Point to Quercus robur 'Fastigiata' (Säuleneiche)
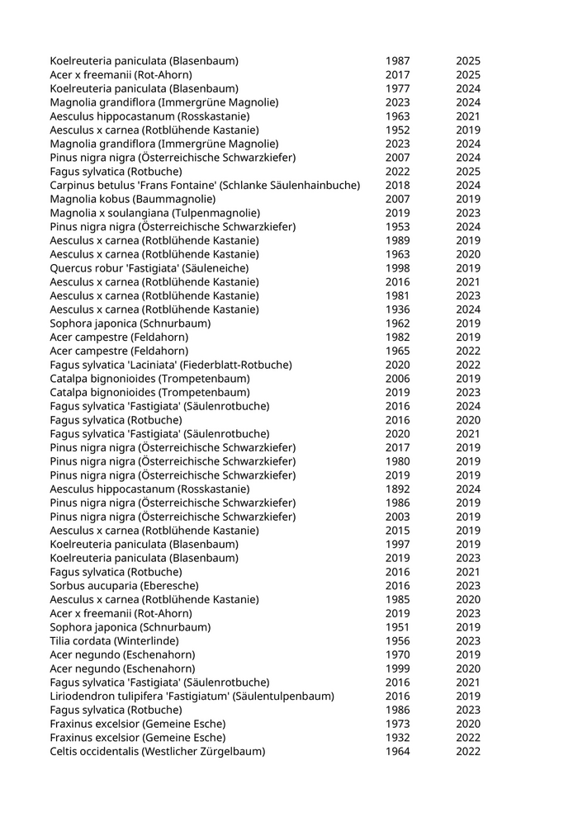pos(149,268)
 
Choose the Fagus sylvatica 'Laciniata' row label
pos(170,365)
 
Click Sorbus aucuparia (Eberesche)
pos(124,586)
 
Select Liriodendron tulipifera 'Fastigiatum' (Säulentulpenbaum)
pos(192,697)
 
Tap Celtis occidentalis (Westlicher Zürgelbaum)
pos(157,752)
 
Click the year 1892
pos(397,489)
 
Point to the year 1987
pos(397,61)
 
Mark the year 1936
pos(397,309)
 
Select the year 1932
pos(397,738)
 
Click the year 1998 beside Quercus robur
pos(397,268)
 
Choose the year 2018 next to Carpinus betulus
pos(397,185)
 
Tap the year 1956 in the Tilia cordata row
pos(397,641)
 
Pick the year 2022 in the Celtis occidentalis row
pos(468,752)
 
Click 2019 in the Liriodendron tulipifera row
pos(468,697)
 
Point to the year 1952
pos(397,130)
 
